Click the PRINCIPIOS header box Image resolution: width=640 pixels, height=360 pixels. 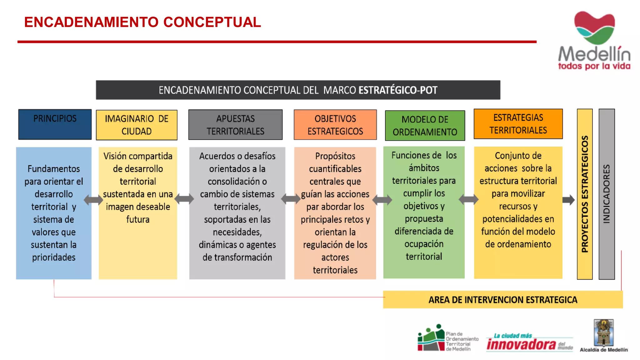(x=55, y=124)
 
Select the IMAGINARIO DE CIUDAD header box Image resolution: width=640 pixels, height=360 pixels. (x=137, y=125)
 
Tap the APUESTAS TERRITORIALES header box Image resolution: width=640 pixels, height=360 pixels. (x=235, y=125)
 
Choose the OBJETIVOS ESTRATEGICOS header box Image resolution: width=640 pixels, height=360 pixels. (x=335, y=125)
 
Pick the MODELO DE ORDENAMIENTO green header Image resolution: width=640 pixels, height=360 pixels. (x=425, y=125)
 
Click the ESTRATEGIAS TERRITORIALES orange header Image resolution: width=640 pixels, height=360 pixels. (x=518, y=124)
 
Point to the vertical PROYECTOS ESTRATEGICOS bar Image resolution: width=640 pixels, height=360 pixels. (x=584, y=194)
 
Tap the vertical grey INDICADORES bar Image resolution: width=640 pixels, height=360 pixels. (x=606, y=194)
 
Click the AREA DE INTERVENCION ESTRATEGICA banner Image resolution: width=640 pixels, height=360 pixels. (x=502, y=300)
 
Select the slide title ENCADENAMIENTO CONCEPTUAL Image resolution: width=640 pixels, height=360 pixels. (x=142, y=22)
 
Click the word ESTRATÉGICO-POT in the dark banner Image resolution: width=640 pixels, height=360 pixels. (x=397, y=90)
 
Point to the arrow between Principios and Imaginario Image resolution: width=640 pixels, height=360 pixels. (x=93, y=200)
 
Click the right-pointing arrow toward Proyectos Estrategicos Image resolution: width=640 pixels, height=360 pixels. (x=568, y=200)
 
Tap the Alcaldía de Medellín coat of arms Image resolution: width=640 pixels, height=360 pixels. (x=603, y=332)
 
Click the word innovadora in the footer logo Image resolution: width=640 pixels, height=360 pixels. (x=521, y=344)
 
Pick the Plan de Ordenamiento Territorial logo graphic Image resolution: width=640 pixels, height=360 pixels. (x=431, y=338)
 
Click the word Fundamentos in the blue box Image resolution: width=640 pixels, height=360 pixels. (x=54, y=169)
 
